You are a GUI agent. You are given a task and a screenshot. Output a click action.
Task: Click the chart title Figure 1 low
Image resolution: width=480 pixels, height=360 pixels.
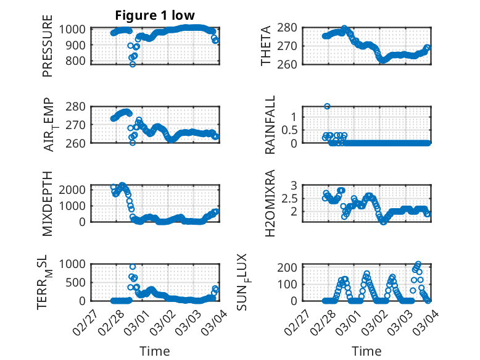pos(155,15)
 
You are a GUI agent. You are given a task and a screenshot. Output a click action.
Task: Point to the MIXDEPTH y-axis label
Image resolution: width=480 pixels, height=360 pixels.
pos(48,203)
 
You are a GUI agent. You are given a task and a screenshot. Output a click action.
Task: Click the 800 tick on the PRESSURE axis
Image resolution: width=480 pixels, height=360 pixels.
pos(78,61)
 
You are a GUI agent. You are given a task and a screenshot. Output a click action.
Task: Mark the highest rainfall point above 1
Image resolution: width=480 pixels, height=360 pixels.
pos(327,106)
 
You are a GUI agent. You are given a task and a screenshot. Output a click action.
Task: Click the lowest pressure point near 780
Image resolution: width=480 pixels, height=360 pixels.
pos(132,64)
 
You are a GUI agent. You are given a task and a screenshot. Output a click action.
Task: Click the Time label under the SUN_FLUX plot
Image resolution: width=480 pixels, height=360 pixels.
pos(366,351)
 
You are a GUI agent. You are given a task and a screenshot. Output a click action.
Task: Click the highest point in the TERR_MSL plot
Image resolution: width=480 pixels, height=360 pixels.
pos(132,267)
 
